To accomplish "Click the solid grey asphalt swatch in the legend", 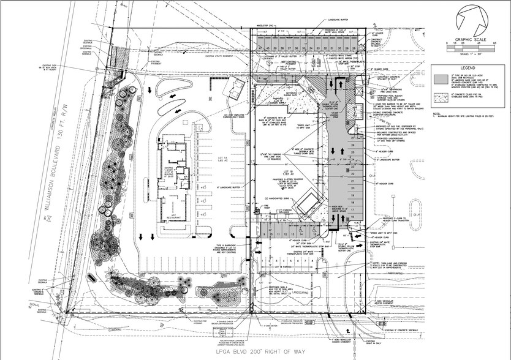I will (x=440, y=79).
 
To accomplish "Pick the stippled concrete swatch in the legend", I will (x=440, y=97).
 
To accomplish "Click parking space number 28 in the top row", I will (x=354, y=47).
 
